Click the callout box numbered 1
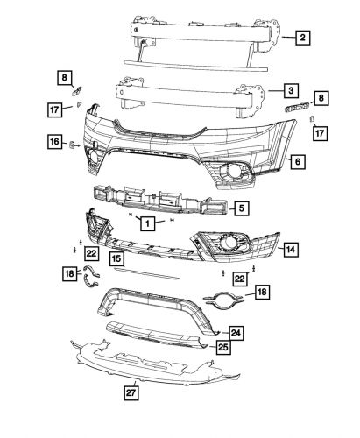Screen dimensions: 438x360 click(x=150, y=223)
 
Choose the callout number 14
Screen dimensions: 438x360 click(x=288, y=250)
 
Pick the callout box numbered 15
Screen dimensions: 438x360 click(x=116, y=258)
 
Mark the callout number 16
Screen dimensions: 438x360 click(x=54, y=142)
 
